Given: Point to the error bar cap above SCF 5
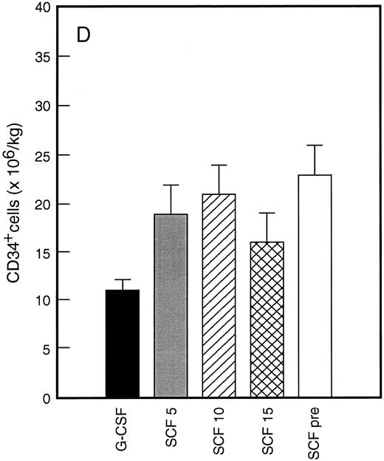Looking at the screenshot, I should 171,185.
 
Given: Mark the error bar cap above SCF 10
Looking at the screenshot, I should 219,165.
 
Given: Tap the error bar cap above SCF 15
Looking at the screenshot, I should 267,214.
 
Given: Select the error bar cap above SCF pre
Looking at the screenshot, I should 315,146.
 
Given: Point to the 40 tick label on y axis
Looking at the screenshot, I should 42,8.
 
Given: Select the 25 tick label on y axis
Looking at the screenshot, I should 42,155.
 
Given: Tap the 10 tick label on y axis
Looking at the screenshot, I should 42,301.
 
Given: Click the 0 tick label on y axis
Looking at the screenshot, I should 46,398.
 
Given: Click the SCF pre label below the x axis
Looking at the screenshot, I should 316,432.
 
